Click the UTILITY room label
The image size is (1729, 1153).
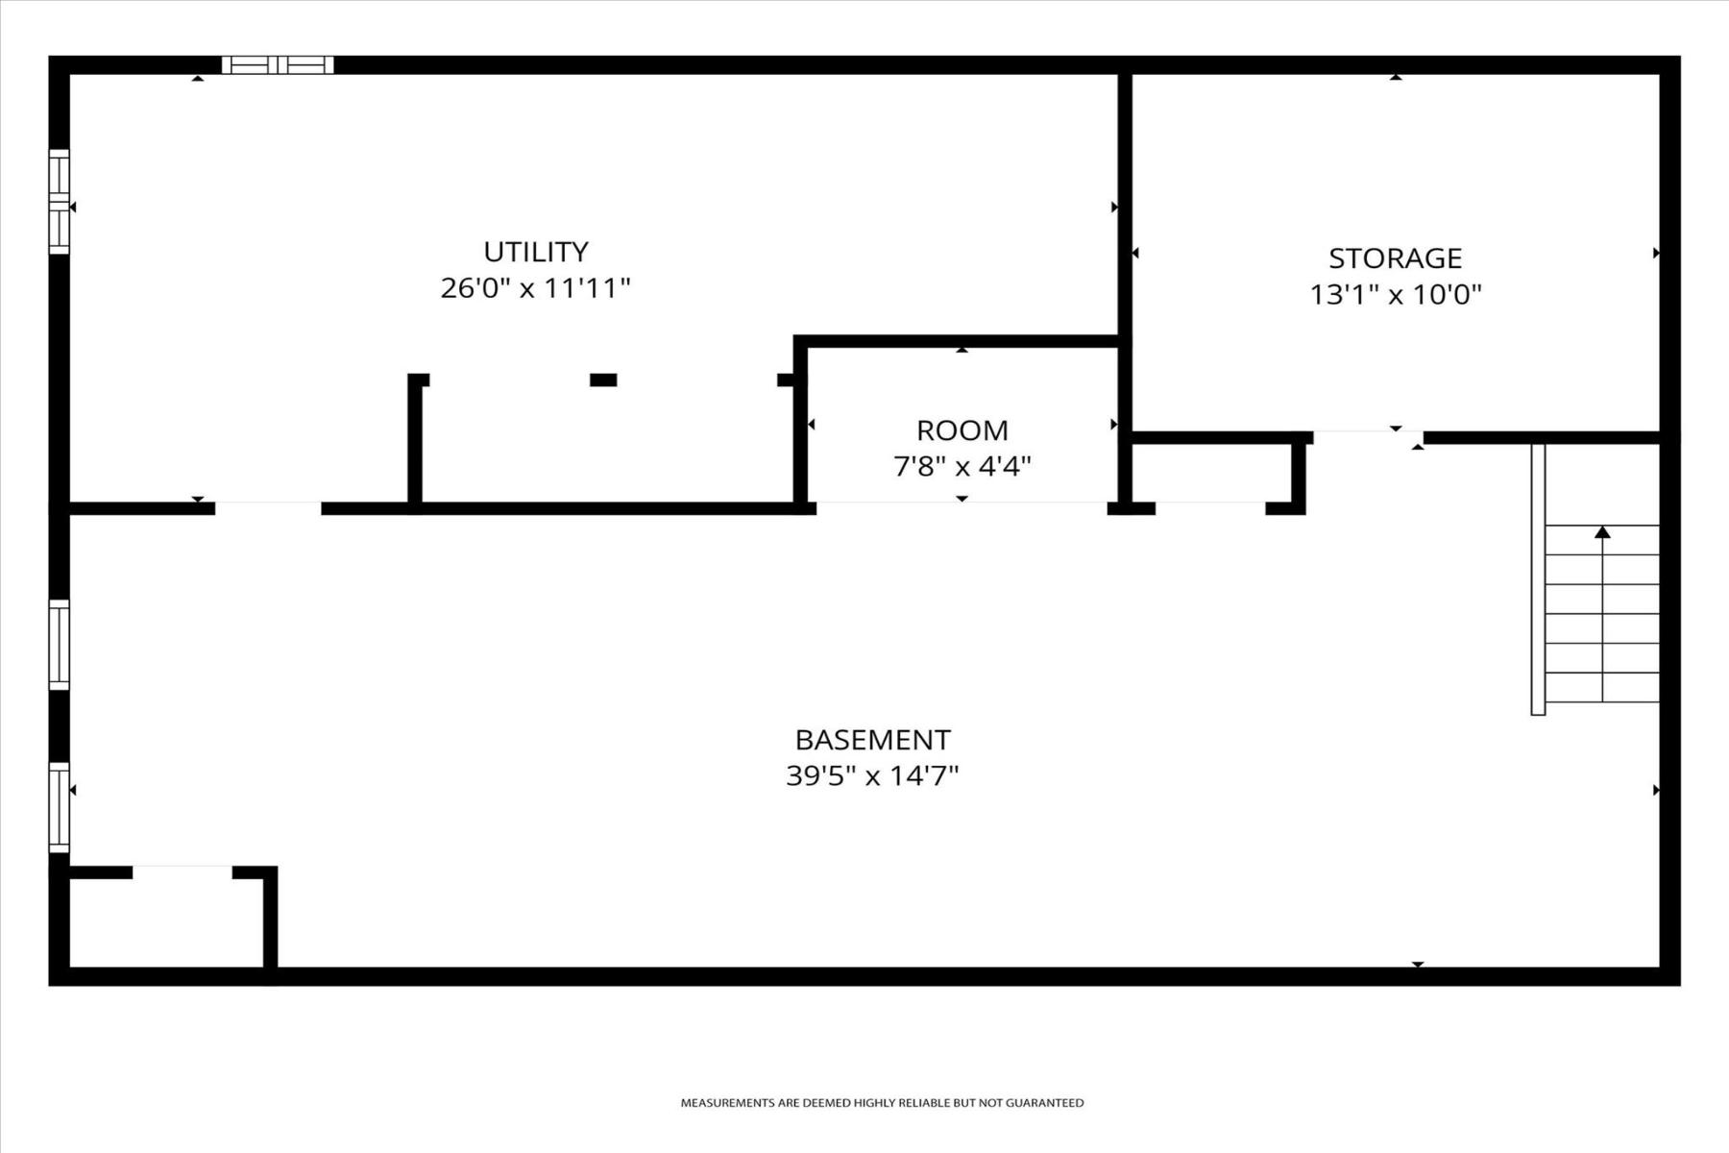point(535,252)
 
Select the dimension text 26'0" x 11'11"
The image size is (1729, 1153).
point(535,288)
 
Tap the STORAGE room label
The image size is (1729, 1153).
point(1395,258)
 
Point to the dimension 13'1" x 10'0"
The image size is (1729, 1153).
point(1396,294)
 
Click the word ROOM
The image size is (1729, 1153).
point(962,430)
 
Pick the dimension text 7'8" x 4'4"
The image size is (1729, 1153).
point(962,467)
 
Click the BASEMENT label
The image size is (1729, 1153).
point(872,740)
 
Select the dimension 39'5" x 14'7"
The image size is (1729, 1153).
point(872,775)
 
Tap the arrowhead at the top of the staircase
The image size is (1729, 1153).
point(1602,531)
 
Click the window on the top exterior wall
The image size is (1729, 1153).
point(278,64)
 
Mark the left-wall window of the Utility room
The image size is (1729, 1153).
point(60,202)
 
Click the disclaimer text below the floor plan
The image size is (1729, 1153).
point(882,1103)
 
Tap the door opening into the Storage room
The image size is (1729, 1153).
point(1368,438)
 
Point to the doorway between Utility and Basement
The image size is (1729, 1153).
point(268,508)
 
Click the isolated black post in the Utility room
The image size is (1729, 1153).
point(603,380)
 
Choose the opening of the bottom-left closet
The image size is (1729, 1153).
point(183,872)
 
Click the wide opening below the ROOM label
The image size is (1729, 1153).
point(962,508)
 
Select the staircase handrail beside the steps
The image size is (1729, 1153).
point(1538,579)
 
